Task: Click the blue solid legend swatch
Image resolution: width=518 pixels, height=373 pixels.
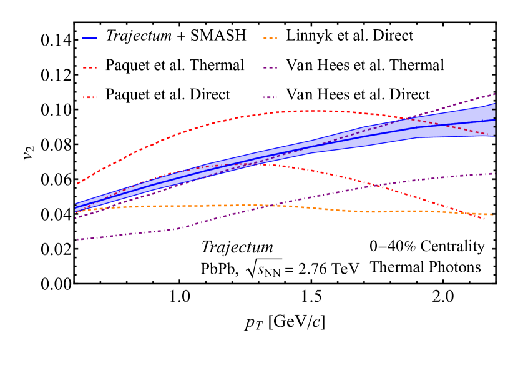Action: tap(90, 38)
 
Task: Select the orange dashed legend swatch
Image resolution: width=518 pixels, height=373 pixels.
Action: tap(270, 38)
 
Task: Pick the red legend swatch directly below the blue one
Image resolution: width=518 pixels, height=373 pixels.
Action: tap(90, 67)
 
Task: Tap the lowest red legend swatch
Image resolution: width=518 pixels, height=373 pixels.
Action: tap(90, 97)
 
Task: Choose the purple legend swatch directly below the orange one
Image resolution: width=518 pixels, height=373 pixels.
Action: tap(270, 67)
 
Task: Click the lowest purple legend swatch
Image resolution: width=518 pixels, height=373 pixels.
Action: tap(270, 97)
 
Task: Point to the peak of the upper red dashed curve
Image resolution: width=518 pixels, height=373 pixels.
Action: tap(309, 111)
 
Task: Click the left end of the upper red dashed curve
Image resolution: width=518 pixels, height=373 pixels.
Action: tap(77, 184)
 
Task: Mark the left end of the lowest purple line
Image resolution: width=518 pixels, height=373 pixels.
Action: tap(78, 239)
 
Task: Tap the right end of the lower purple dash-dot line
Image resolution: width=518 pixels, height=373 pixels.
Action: tap(494, 173)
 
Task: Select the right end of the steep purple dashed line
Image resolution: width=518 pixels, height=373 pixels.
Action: tap(494, 94)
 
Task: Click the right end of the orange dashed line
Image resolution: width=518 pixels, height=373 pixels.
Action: tap(494, 215)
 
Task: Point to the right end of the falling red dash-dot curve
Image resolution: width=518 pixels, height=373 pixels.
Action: tap(485, 219)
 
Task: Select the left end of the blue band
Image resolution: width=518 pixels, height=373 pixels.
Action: tap(76, 207)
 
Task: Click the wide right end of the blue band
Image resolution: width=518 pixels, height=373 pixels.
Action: tap(494, 120)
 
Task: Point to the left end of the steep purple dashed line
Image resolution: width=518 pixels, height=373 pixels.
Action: tap(76, 218)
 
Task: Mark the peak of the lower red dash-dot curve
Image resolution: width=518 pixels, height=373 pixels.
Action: tap(262, 164)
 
